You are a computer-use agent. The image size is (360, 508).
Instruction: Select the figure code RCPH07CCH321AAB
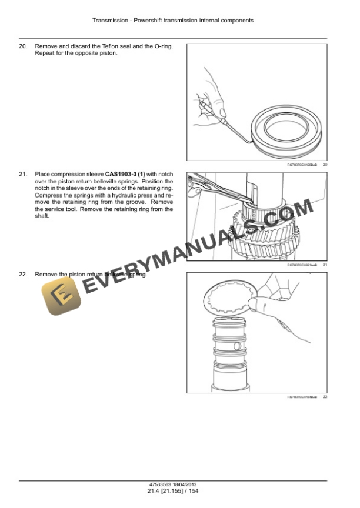click(x=302, y=265)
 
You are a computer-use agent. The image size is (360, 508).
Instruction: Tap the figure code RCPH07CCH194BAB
click(x=302, y=397)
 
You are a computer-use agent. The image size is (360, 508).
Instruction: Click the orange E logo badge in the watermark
click(x=61, y=296)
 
